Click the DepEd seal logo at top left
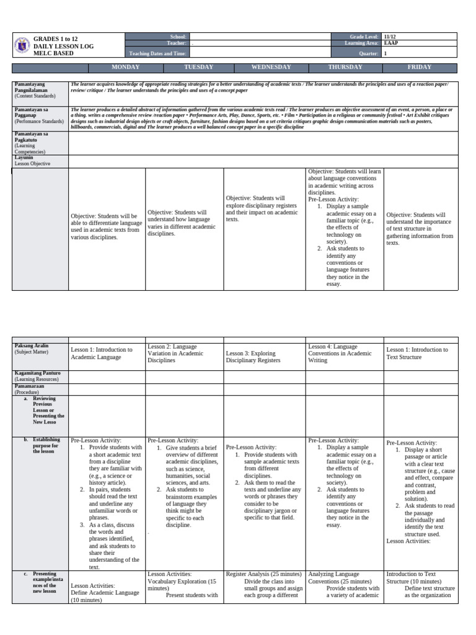pyautogui.click(x=22, y=45)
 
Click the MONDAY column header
pyautogui.click(x=125, y=67)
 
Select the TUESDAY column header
pyautogui.click(x=199, y=67)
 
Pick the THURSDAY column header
pyautogui.click(x=345, y=67)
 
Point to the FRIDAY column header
pyautogui.click(x=420, y=67)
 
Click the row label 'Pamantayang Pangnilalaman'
pyautogui.click(x=35, y=87)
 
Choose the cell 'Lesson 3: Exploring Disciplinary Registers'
pyautogui.click(x=253, y=357)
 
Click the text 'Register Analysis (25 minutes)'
pyautogui.click(x=264, y=574)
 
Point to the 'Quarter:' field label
pyautogui.click(x=368, y=54)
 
